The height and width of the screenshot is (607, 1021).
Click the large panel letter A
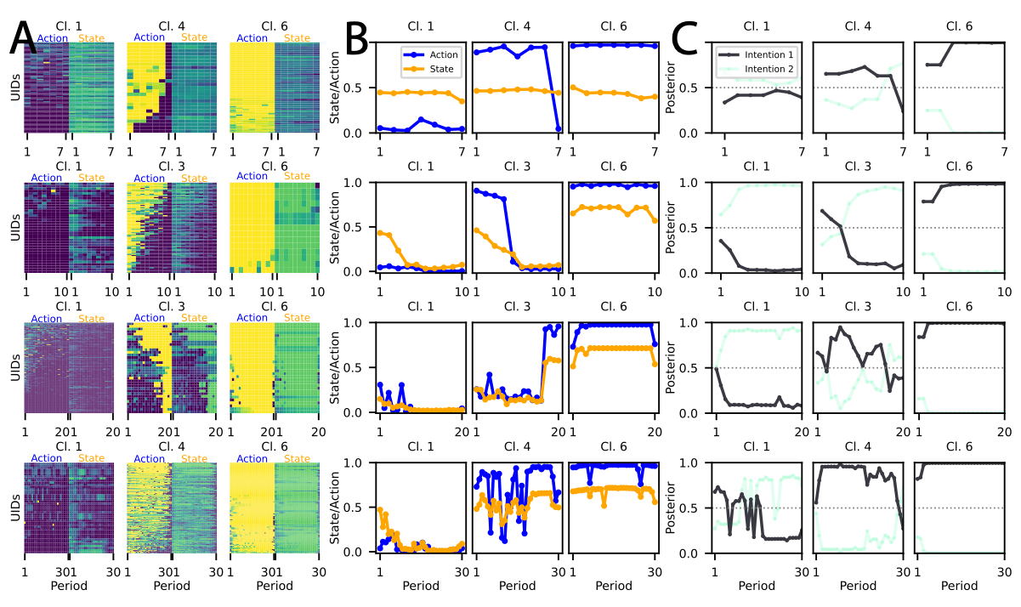point(24,40)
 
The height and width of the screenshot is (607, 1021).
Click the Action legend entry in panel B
point(439,54)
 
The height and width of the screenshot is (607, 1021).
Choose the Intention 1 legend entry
point(768,54)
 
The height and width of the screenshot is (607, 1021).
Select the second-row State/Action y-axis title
point(338,227)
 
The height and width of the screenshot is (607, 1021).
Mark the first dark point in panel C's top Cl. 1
point(724,102)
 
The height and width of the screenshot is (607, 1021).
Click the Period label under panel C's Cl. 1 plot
point(757,587)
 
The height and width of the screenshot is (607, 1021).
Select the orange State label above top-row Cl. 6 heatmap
point(297,37)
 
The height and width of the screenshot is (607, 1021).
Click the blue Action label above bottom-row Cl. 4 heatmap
point(149,458)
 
